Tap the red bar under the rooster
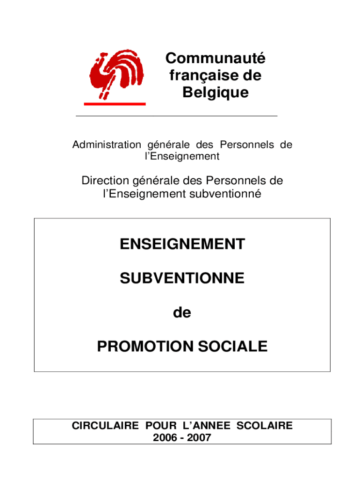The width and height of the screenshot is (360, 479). [x=115, y=104]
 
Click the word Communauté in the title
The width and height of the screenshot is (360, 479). [x=215, y=59]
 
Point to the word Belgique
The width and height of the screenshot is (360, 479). [x=216, y=93]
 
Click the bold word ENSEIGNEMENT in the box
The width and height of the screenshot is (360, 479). [x=182, y=244]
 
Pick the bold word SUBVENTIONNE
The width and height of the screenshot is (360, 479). [x=182, y=279]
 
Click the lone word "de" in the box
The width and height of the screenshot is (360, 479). [x=182, y=313]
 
